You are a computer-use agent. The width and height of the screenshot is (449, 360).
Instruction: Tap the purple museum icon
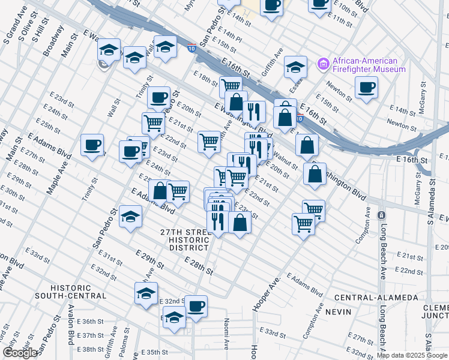(324, 62)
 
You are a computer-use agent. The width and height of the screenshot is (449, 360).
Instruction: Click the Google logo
(20, 353)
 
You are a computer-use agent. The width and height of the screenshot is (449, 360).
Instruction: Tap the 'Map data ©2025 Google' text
(412, 355)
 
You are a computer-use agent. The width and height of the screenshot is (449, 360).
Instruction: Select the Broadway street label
(53, 40)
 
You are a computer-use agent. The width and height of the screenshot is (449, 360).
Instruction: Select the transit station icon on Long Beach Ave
(380, 215)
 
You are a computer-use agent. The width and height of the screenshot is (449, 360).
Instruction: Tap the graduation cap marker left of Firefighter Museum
(295, 67)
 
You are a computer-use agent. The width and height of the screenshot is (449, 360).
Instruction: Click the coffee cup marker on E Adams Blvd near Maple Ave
(92, 145)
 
